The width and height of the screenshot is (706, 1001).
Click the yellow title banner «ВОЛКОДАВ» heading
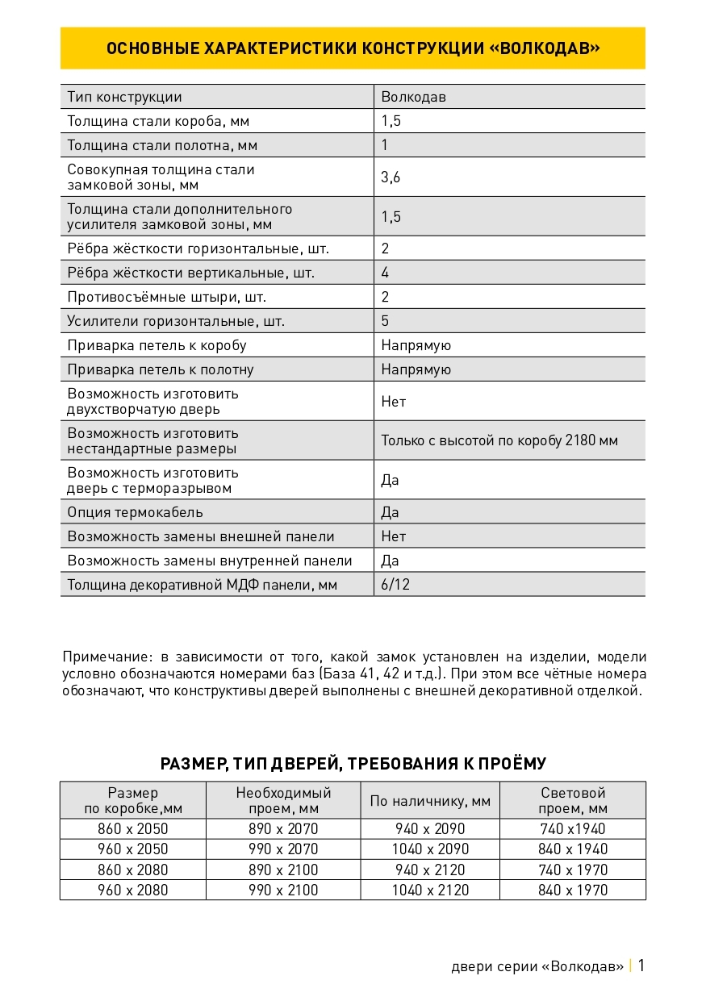pyautogui.click(x=353, y=48)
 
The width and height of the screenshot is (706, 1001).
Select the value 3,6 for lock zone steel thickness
pyautogui.click(x=391, y=177)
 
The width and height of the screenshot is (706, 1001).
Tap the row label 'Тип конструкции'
pyautogui.click(x=124, y=98)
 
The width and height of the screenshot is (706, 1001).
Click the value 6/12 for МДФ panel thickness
pyautogui.click(x=395, y=585)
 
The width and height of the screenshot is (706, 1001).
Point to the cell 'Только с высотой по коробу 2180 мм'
pyautogui.click(x=499, y=441)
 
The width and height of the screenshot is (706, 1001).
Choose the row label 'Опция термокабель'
pyautogui.click(x=135, y=512)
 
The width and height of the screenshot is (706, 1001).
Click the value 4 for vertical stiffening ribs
pyautogui.click(x=386, y=273)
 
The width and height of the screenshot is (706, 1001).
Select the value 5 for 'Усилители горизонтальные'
pyautogui.click(x=386, y=321)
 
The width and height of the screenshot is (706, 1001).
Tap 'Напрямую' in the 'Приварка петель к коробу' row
pyautogui.click(x=416, y=345)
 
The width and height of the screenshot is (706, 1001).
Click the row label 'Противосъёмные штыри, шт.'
pyautogui.click(x=166, y=297)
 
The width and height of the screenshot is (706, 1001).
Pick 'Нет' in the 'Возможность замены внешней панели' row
pyautogui.click(x=394, y=536)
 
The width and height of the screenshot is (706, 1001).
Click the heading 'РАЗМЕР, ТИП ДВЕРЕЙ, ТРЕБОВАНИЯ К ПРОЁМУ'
pyautogui.click(x=353, y=764)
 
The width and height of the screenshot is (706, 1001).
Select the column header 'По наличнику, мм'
pyautogui.click(x=430, y=801)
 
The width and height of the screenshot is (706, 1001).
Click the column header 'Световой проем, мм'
pyautogui.click(x=573, y=801)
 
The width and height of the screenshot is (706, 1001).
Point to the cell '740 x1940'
pyautogui.click(x=573, y=829)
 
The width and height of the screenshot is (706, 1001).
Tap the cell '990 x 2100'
pyautogui.click(x=283, y=890)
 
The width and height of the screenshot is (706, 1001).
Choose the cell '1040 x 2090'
pyautogui.click(x=430, y=849)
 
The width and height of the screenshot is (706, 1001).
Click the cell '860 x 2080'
pyautogui.click(x=133, y=870)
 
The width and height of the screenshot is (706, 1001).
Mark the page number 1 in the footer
pyautogui.click(x=641, y=966)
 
